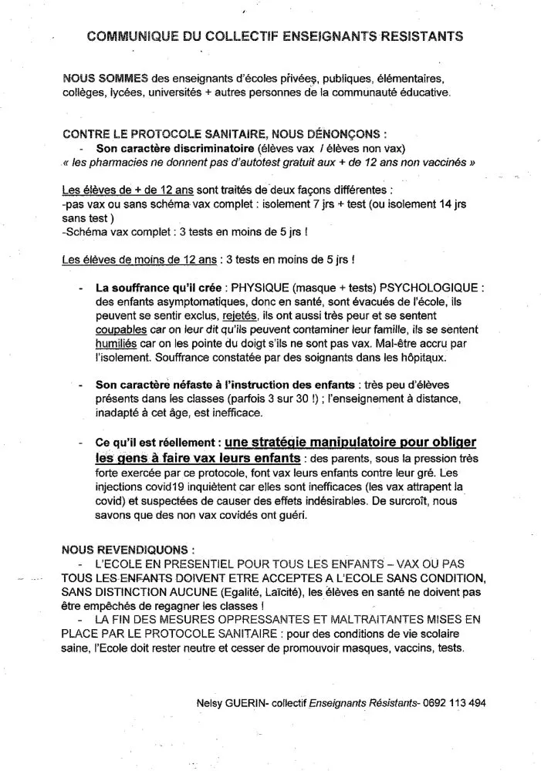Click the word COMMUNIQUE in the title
click(124, 35)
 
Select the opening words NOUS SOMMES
click(95, 79)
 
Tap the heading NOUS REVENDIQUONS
click(123, 550)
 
